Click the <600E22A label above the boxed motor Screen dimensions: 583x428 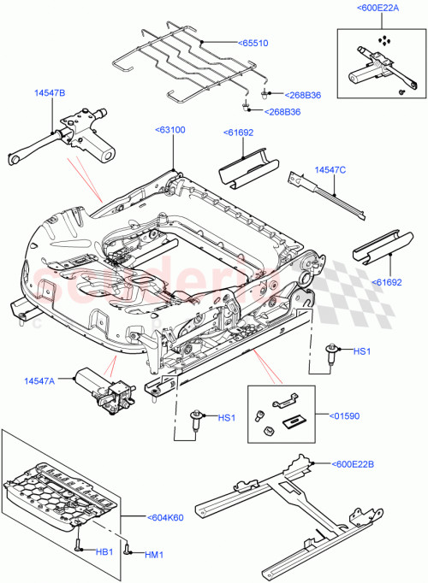(378, 9)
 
